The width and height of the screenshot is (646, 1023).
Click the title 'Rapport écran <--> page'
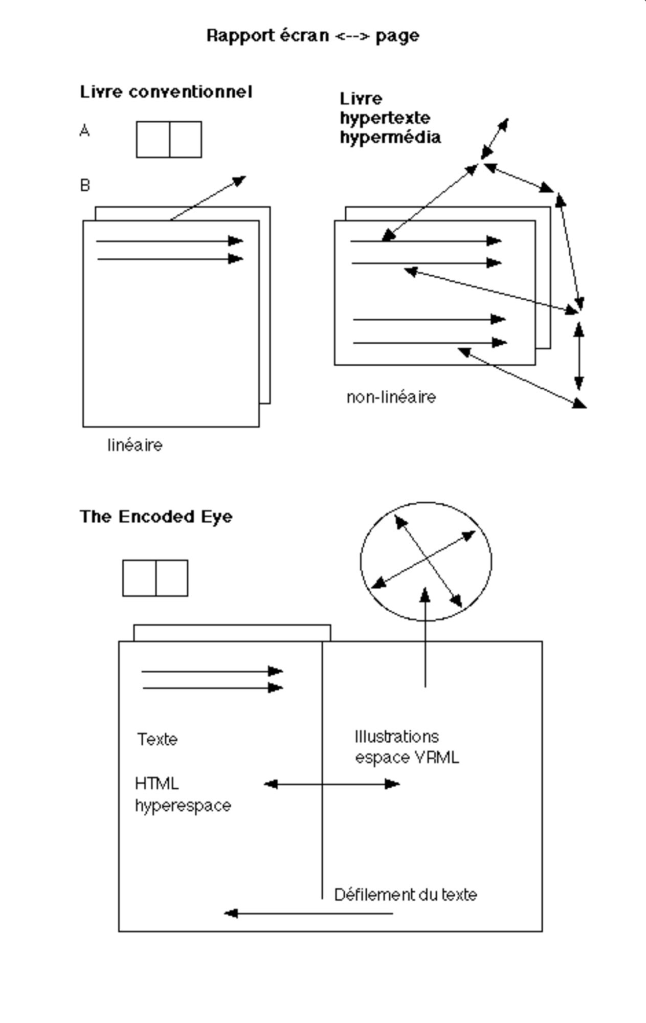(x=313, y=36)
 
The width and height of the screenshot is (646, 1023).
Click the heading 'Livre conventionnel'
(x=166, y=92)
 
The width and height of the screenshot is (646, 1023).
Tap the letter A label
(x=85, y=131)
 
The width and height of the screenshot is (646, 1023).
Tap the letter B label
(x=85, y=185)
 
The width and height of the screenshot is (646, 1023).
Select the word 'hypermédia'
(x=390, y=138)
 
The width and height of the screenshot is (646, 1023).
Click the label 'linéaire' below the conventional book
(x=135, y=446)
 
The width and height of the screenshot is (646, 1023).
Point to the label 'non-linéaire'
(x=391, y=397)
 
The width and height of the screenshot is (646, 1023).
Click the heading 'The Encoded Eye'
(x=156, y=517)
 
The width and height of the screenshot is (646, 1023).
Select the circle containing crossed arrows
(x=426, y=561)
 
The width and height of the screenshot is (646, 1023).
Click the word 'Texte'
(x=158, y=740)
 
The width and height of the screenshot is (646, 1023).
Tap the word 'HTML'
(x=157, y=784)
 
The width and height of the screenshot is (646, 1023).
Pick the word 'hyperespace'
(x=183, y=806)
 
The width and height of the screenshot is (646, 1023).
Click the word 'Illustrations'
(x=397, y=737)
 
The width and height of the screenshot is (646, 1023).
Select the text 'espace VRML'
(x=407, y=758)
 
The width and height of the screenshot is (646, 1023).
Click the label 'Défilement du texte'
(x=406, y=895)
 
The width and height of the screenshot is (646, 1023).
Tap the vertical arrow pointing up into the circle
(x=425, y=639)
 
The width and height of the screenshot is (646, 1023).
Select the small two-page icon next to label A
(x=169, y=139)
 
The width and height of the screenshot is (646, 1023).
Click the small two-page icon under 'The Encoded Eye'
(x=155, y=578)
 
